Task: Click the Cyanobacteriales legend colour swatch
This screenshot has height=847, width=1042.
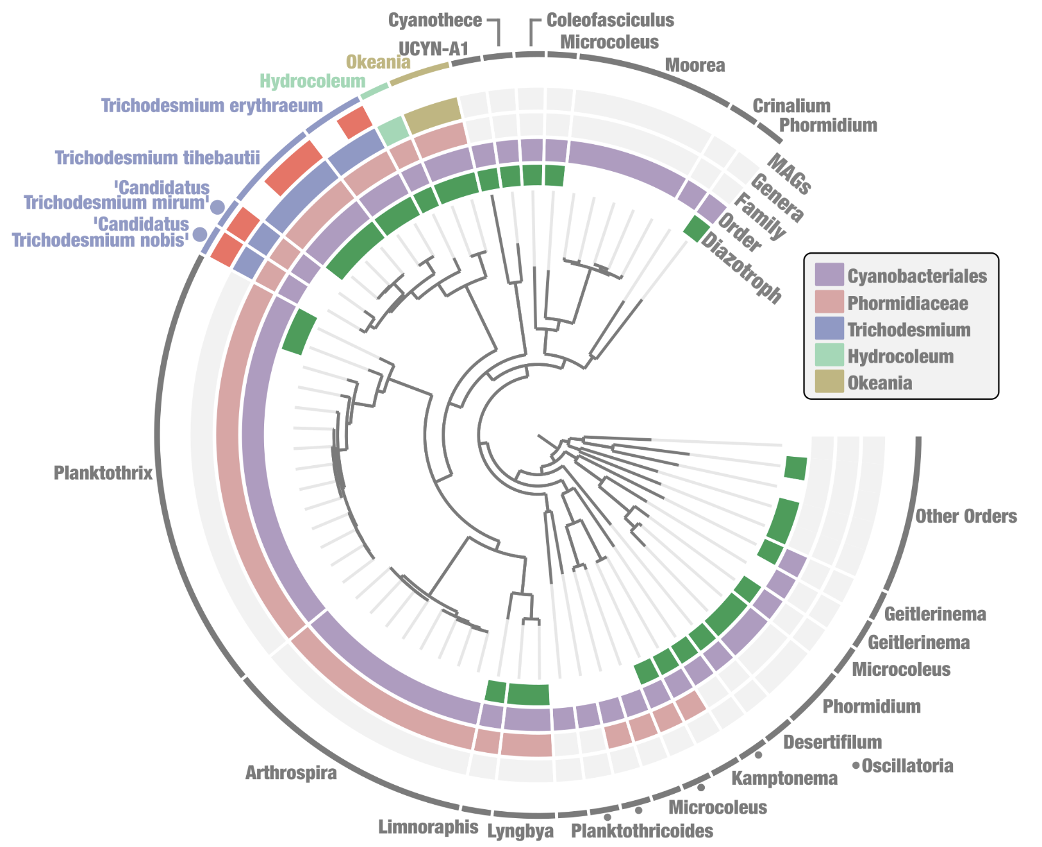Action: point(829,275)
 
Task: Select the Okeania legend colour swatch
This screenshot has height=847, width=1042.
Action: point(829,382)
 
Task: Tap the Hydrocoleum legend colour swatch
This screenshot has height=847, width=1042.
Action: point(829,356)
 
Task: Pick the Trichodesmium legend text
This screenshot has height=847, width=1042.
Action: point(909,330)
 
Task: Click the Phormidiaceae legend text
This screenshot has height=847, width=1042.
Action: point(907,303)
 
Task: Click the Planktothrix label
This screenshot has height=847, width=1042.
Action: point(103,473)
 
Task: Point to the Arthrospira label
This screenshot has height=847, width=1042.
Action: point(291,773)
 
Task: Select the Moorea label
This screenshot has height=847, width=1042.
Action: point(695,65)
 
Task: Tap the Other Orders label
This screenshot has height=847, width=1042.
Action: point(965,516)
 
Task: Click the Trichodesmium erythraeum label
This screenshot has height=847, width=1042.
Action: point(212,106)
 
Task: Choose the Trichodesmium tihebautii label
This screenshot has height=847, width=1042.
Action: point(157,158)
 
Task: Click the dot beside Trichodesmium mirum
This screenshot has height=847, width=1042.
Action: point(218,207)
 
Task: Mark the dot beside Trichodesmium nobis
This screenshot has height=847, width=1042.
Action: point(200,234)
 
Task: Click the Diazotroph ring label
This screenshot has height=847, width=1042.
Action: point(741,267)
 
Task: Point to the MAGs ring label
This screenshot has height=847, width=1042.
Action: point(790,174)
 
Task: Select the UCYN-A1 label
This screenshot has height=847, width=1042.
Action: point(434,49)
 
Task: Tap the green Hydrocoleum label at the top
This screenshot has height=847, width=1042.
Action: point(312,81)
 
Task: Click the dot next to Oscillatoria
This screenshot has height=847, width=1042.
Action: point(856,765)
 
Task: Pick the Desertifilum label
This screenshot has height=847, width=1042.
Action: point(832,743)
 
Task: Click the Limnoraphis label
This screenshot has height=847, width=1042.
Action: point(428,826)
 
